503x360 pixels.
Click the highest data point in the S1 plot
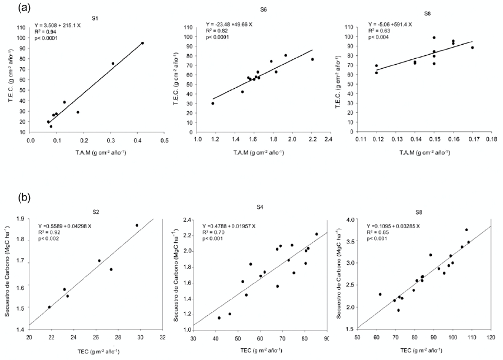[x=142, y=43]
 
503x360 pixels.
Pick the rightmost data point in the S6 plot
[x=312, y=59]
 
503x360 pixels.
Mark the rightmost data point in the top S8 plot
[x=472, y=48]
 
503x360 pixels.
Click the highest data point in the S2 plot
[x=137, y=225]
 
